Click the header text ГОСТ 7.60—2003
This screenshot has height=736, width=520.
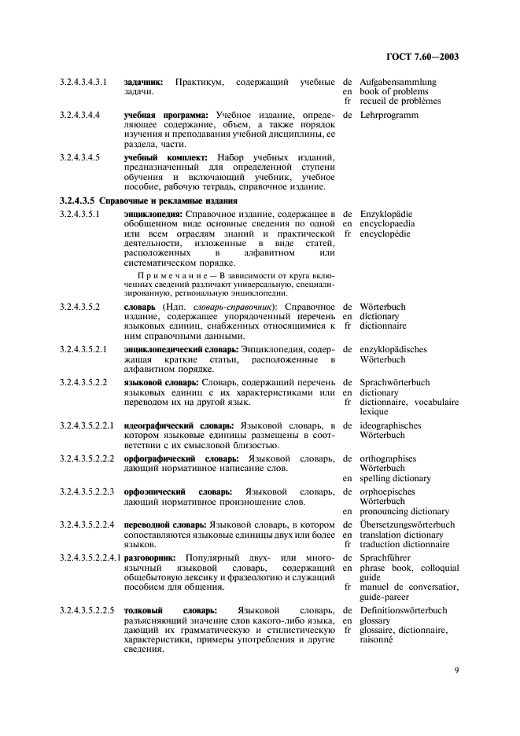click(422, 57)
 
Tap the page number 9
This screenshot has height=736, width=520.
click(456, 671)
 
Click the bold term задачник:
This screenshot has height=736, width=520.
click(143, 82)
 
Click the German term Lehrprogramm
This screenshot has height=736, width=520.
click(389, 115)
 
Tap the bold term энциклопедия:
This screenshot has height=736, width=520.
click(153, 214)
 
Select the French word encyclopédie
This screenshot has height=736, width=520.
click(385, 234)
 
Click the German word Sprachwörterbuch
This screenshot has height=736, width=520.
click(395, 382)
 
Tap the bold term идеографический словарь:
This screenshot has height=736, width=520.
click(174, 425)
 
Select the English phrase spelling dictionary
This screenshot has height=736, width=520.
click(395, 478)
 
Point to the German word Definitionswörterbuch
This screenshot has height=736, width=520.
click(404, 610)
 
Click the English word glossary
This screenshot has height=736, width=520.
click(376, 620)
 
